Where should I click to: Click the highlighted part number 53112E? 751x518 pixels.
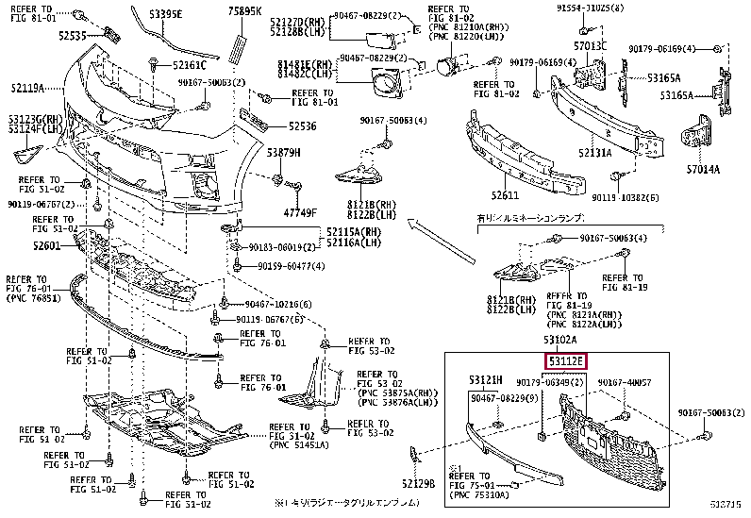point(564,359)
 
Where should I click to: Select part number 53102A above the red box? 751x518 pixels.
point(561,340)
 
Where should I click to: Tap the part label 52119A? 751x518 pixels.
point(27,88)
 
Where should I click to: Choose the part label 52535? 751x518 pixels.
point(72,36)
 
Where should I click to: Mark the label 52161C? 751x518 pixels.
point(190,65)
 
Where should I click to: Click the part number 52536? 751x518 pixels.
point(303,125)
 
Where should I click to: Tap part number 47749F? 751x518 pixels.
point(300,212)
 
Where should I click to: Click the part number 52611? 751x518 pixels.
point(505,195)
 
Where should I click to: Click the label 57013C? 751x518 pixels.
point(590,45)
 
